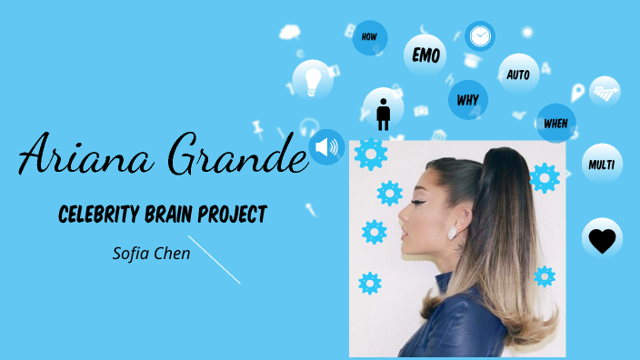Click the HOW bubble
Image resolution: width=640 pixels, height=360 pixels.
tap(369, 37)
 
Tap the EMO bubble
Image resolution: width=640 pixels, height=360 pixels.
tap(425, 55)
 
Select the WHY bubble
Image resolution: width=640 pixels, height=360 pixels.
tap(468, 98)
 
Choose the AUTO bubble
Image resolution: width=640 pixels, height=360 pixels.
tap(518, 74)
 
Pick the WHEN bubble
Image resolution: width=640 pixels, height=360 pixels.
tap(555, 123)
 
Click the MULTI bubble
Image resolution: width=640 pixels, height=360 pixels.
tap(602, 165)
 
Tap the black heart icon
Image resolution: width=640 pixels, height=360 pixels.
tap(602, 240)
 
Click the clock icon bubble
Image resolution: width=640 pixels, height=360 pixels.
tap(480, 36)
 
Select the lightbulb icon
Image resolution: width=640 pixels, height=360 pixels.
tap(313, 80)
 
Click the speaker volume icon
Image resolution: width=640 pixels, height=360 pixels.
tap(325, 147)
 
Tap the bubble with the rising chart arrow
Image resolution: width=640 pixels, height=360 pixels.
tap(605, 90)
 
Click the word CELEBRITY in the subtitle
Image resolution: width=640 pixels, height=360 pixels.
tap(99, 215)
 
